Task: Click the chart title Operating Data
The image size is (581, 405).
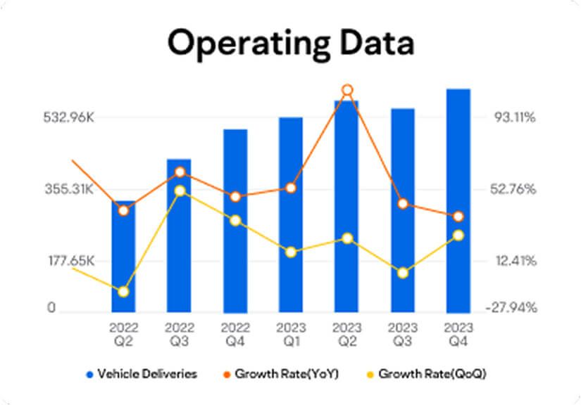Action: tap(290, 43)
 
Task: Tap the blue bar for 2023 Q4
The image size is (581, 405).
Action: tap(458, 200)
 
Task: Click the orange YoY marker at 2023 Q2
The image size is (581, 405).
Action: tap(346, 90)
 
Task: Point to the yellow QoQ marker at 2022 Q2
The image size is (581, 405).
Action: tap(123, 291)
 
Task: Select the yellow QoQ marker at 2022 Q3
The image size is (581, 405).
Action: tap(180, 191)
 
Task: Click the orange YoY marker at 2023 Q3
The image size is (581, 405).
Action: tap(403, 204)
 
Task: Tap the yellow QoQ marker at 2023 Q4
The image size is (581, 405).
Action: tap(458, 235)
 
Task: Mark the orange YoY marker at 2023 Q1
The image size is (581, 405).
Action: tap(291, 188)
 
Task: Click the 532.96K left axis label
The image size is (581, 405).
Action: tap(67, 117)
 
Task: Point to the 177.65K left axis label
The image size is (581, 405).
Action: tap(67, 261)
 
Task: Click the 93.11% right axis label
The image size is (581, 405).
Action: tap(514, 117)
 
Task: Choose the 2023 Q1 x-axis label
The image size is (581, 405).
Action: tap(291, 334)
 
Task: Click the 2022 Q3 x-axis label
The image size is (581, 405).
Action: tap(180, 334)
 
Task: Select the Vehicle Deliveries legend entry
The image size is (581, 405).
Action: tap(142, 373)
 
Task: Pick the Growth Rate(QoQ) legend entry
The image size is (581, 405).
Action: tap(425, 373)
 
